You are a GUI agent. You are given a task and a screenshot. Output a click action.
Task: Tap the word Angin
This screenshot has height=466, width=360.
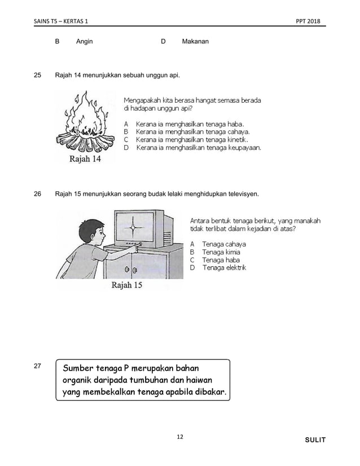[x=85, y=42]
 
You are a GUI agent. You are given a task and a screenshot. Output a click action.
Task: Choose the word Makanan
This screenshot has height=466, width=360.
[x=195, y=42]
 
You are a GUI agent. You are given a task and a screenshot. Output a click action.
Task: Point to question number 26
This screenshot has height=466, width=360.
[x=37, y=195]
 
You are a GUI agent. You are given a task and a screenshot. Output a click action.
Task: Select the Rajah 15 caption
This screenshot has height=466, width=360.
[x=127, y=285]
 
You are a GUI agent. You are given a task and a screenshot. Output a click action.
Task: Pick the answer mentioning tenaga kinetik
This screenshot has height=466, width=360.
[x=192, y=139]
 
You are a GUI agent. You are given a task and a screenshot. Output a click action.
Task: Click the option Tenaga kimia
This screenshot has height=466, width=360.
[x=221, y=252]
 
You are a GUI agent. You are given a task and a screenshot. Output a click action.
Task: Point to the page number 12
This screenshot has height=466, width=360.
[x=180, y=437]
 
